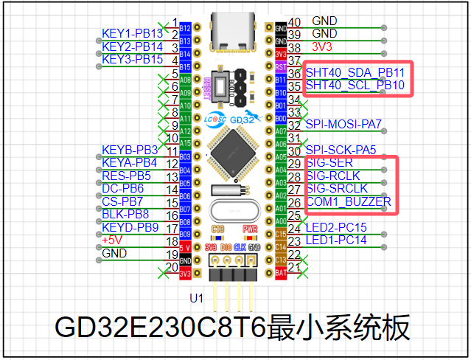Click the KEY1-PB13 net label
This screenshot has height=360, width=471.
(133, 33)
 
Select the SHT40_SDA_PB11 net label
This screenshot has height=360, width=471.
(355, 72)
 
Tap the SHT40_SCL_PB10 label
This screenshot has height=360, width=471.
(355, 85)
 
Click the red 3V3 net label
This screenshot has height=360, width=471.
(323, 46)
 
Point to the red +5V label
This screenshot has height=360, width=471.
(112, 240)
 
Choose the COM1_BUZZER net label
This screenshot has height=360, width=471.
(348, 201)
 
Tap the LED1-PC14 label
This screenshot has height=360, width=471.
(335, 240)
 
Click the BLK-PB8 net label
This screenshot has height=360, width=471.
(125, 214)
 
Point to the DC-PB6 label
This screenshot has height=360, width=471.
(122, 188)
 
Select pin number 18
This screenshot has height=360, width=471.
(172, 241)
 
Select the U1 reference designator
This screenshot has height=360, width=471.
(196, 299)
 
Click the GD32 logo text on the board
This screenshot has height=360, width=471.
(242, 119)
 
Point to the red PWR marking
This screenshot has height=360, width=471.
(249, 229)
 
